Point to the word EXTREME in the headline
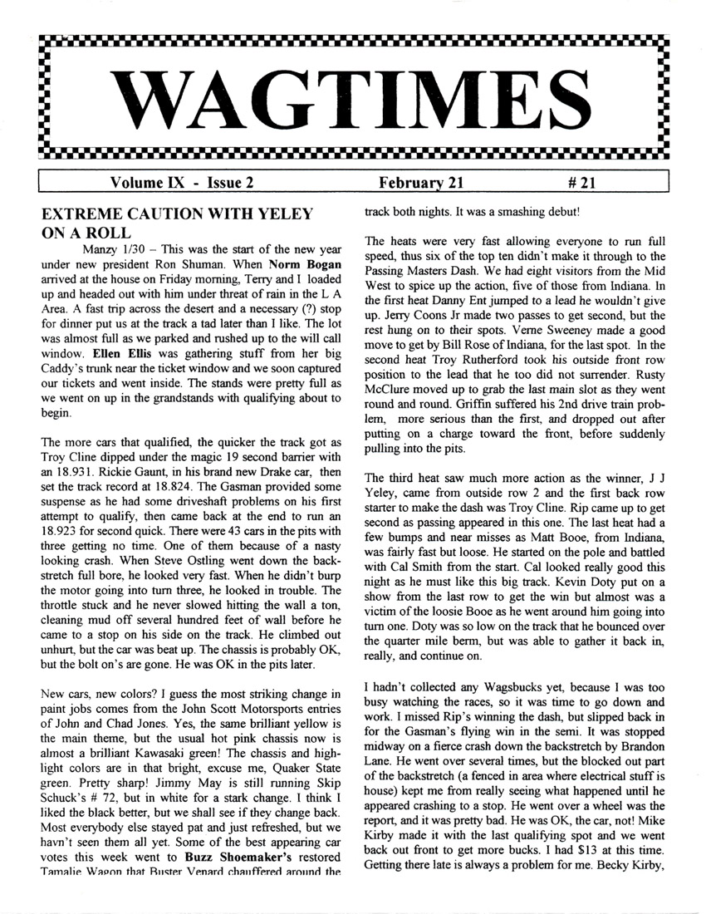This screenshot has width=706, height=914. coord(86,214)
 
